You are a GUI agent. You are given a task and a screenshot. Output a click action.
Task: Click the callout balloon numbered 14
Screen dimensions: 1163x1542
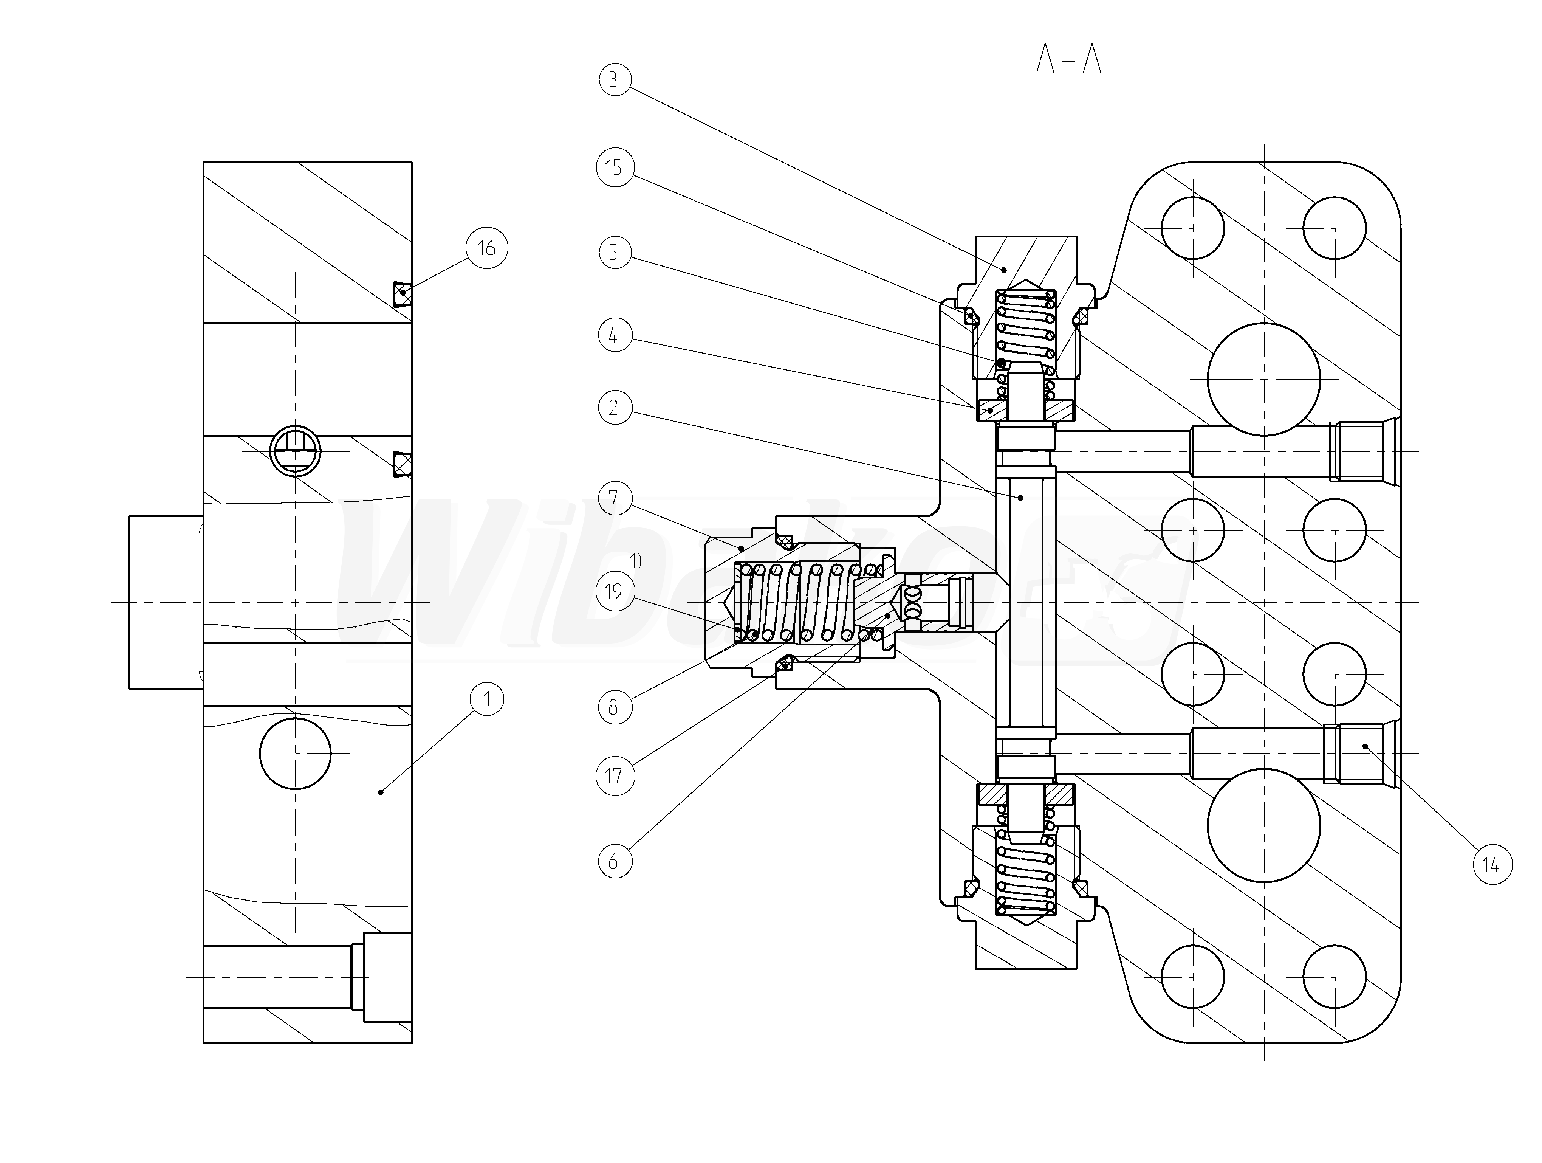click(x=1491, y=865)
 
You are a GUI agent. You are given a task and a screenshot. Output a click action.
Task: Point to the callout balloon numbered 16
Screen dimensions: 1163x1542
click(x=486, y=248)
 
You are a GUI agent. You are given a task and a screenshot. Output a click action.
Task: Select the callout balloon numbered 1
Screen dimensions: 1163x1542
click(x=486, y=699)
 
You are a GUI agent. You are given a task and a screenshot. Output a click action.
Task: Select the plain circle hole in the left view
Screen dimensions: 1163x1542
click(x=295, y=754)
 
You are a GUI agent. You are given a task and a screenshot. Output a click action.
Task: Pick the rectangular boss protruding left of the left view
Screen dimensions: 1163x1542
click(x=165, y=602)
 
